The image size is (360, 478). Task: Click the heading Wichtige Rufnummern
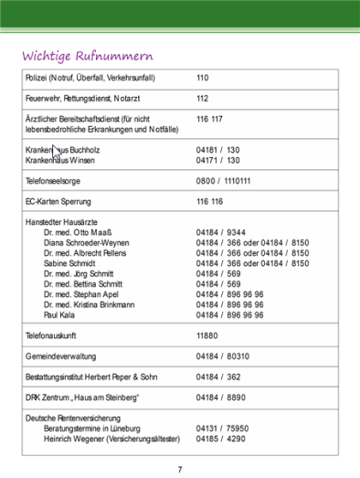(89, 57)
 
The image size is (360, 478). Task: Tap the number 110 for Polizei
(203, 79)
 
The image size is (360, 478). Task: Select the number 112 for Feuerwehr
(203, 99)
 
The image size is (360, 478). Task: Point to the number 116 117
(210, 120)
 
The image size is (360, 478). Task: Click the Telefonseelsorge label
(54, 181)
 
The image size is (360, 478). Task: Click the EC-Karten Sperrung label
(58, 201)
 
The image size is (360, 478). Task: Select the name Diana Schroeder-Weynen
(86, 243)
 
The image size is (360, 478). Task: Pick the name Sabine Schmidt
(70, 263)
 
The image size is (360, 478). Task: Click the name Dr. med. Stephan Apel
(82, 294)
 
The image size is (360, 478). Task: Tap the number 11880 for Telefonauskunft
(206, 335)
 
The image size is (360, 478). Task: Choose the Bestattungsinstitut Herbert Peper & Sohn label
(91, 377)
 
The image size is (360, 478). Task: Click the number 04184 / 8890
(220, 398)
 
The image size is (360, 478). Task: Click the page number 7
(180, 469)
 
